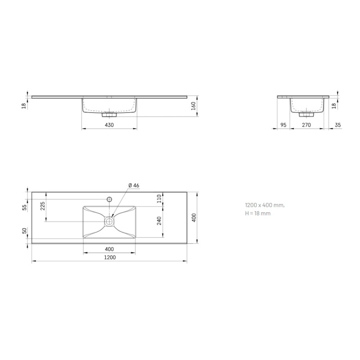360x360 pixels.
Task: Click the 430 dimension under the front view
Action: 109,125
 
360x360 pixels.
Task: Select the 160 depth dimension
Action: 193,106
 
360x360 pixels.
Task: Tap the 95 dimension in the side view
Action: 283,125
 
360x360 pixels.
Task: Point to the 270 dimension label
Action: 306,125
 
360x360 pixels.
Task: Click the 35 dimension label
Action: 338,125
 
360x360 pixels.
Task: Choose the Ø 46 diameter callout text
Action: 134,185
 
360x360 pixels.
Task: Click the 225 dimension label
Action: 43,206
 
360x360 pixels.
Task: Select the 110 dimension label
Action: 159,198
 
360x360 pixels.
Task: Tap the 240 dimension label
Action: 159,220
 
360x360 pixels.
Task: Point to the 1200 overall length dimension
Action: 110,257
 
